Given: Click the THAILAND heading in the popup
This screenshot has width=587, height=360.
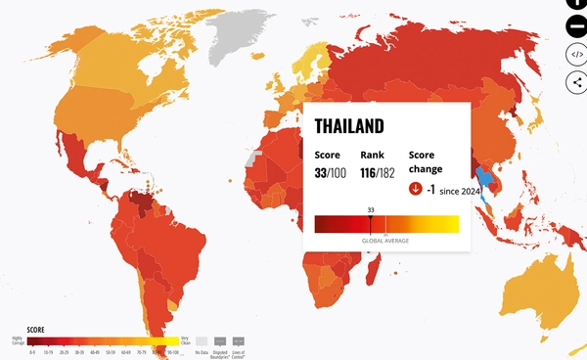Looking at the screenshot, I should [x=348, y=127].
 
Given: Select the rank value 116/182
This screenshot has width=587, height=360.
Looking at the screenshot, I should [x=378, y=173].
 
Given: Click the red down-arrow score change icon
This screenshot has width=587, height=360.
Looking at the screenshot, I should [x=416, y=189].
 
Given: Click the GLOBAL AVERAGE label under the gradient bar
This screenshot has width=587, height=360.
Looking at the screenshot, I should [x=384, y=240].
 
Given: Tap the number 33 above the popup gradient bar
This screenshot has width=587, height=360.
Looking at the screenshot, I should [x=371, y=209].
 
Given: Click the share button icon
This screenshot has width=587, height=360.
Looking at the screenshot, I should [x=576, y=81].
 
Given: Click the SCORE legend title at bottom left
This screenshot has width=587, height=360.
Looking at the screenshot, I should [x=22, y=330].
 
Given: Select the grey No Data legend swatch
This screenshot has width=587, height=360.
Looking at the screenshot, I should [x=202, y=340].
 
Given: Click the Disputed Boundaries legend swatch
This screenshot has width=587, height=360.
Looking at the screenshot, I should [x=222, y=340].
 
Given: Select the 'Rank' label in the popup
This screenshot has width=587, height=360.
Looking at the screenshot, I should [x=371, y=155].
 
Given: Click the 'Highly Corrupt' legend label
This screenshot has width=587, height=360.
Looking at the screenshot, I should [x=17, y=340].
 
